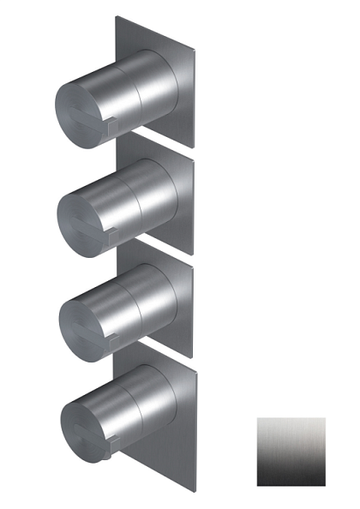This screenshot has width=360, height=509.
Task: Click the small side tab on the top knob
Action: pyautogui.click(x=114, y=127)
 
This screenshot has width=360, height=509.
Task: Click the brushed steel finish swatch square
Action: pyautogui.click(x=291, y=452)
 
